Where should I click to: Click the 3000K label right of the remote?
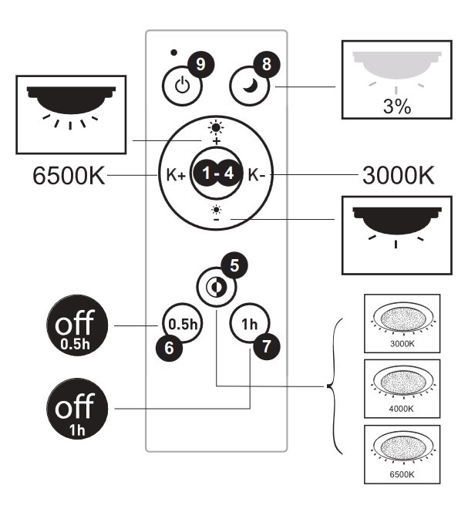pos(398,175)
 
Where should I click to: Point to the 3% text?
pos(397,106)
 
